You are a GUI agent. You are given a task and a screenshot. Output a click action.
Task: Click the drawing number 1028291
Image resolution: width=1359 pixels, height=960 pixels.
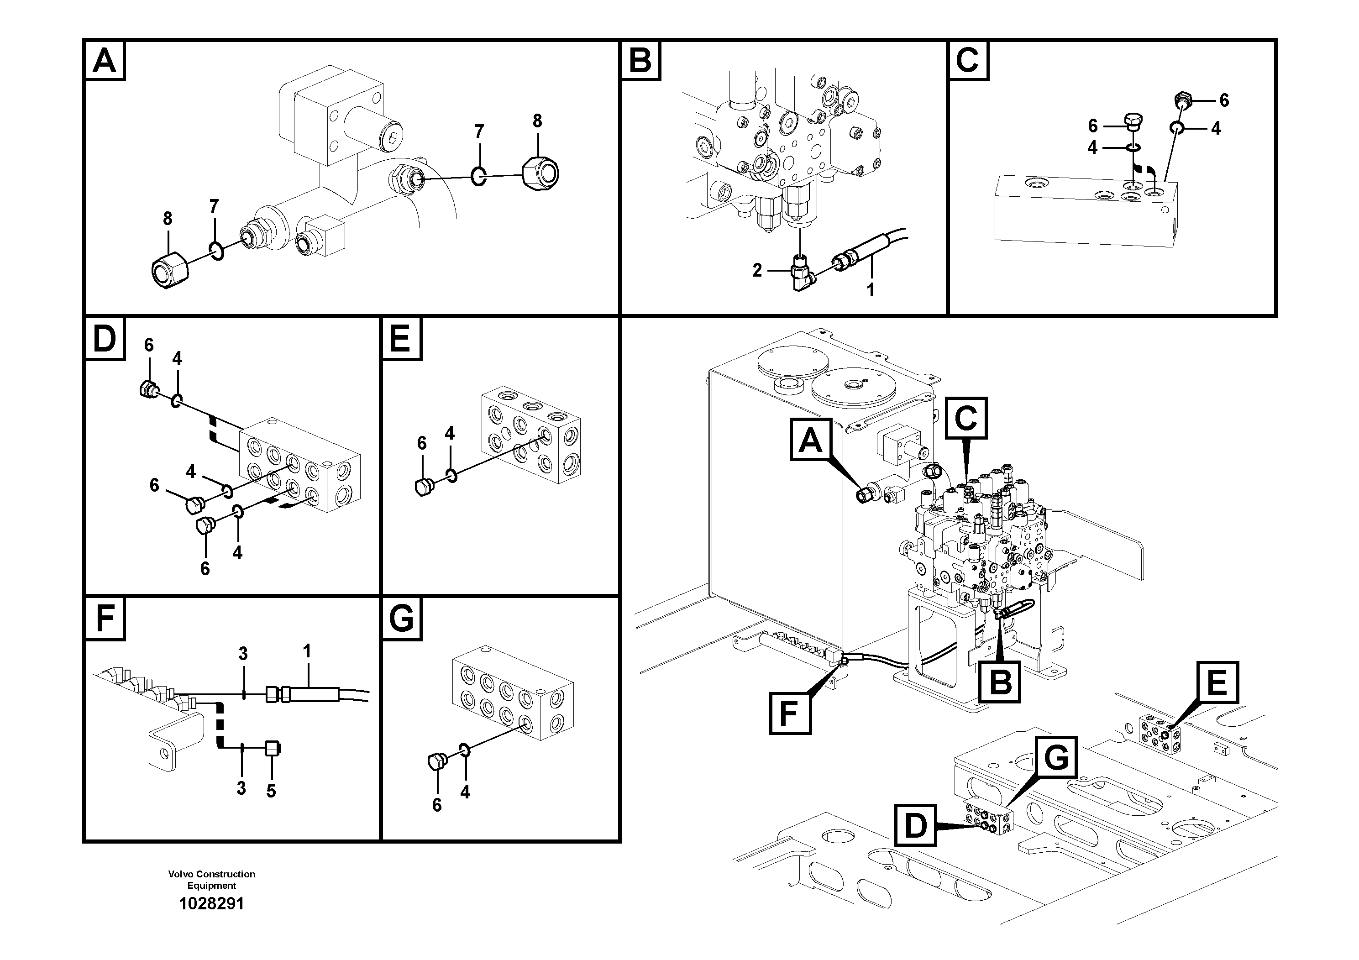pyautogui.click(x=211, y=904)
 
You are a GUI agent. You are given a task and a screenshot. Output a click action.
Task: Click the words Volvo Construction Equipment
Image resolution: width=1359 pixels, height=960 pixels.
pyautogui.click(x=211, y=880)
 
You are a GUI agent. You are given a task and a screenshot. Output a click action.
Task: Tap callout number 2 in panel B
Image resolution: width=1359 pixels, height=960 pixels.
pyautogui.click(x=757, y=271)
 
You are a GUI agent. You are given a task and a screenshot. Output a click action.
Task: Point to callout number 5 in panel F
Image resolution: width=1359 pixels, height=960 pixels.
pyautogui.click(x=271, y=791)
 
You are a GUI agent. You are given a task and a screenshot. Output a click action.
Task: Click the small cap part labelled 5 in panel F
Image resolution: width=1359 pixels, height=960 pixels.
pyautogui.click(x=273, y=748)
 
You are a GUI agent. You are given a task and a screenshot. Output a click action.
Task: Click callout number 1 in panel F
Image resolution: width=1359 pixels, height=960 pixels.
pyautogui.click(x=307, y=651)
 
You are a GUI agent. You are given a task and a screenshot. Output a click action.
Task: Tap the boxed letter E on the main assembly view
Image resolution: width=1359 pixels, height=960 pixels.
pyautogui.click(x=1217, y=682)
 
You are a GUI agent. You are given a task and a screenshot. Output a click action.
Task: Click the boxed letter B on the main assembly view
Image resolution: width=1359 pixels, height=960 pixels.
pyautogui.click(x=1000, y=682)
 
